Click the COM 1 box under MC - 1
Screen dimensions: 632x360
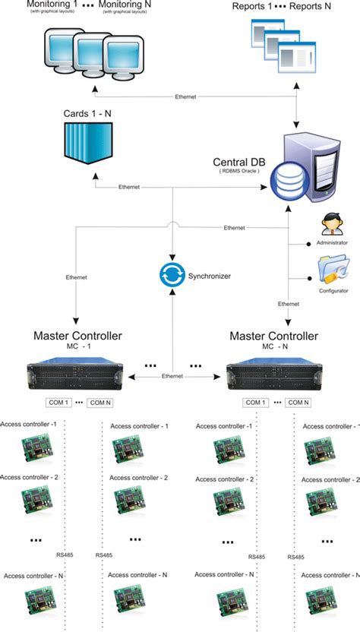click(x=56, y=403)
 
